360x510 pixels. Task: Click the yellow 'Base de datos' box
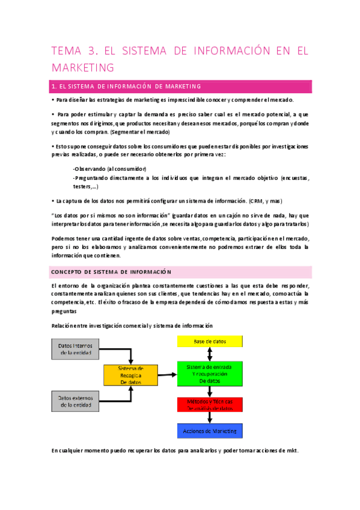click(209, 342)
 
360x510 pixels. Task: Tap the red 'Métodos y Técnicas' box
click(209, 404)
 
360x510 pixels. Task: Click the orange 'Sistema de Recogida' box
click(130, 375)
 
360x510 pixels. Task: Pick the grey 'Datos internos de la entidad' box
click(74, 349)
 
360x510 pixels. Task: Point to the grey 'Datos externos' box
click(74, 402)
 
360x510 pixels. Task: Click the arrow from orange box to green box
click(166, 375)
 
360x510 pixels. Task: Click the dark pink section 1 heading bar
click(181, 86)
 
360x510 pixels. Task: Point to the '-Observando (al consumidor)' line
click(109, 169)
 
